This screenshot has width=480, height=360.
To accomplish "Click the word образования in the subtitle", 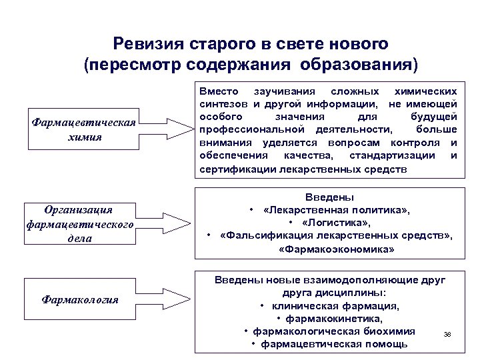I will pos(359,65).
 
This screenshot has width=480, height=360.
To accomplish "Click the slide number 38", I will pos(447,334).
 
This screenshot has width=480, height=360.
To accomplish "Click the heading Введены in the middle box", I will pos(329,197).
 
